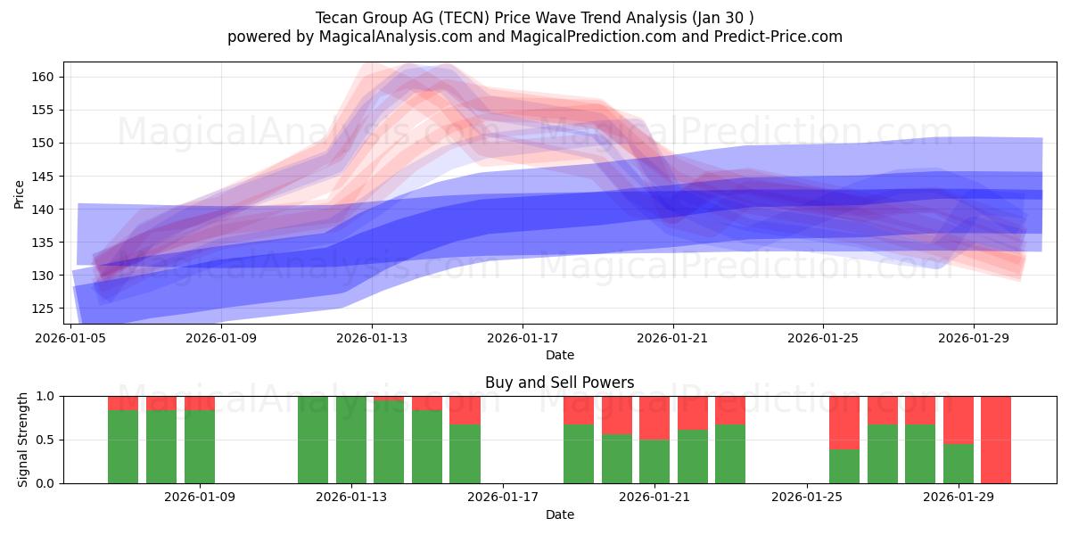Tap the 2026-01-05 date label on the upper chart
[72, 338]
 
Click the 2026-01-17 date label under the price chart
[522, 338]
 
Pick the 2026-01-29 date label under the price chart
[973, 338]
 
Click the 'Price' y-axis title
[19, 193]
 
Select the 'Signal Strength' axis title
[23, 440]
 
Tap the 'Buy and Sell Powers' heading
[559, 383]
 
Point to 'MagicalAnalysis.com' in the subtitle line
[387, 37]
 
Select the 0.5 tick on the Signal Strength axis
[45, 440]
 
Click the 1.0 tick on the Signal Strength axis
[45, 396]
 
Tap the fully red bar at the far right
[996, 440]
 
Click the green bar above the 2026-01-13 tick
[351, 440]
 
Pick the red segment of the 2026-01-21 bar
[654, 417]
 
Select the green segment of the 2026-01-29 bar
[959, 464]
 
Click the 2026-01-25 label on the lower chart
[807, 497]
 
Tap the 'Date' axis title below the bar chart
[559, 514]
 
